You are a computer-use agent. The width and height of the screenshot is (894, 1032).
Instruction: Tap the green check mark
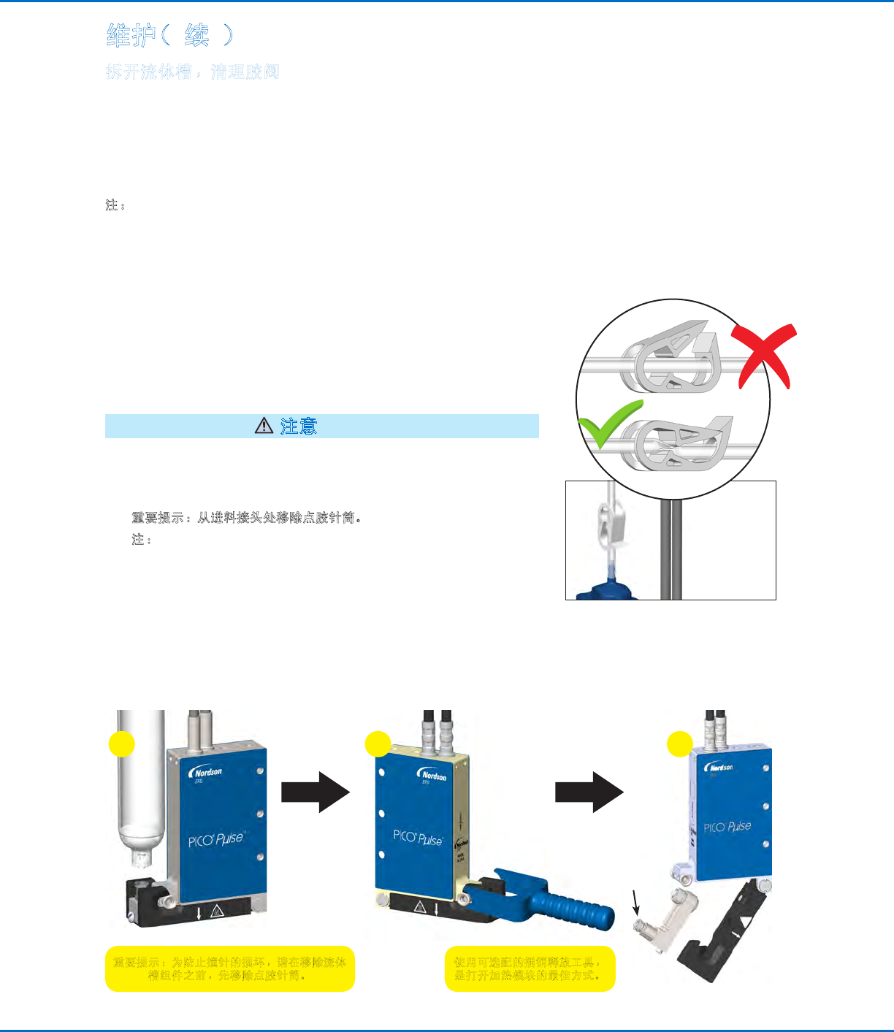pyautogui.click(x=608, y=424)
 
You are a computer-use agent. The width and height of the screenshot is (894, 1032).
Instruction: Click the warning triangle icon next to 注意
pyautogui.click(x=264, y=426)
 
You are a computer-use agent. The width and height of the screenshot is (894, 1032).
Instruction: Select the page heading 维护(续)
pyautogui.click(x=170, y=35)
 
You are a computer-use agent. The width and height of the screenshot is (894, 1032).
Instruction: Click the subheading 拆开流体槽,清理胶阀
pyautogui.click(x=193, y=72)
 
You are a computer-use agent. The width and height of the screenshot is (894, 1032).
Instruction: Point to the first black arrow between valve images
pyautogui.click(x=316, y=792)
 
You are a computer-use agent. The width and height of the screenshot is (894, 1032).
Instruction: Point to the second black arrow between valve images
pyautogui.click(x=589, y=792)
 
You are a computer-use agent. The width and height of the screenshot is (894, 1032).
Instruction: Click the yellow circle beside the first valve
pyautogui.click(x=122, y=744)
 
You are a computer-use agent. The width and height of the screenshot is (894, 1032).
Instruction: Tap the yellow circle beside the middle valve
pyautogui.click(x=378, y=744)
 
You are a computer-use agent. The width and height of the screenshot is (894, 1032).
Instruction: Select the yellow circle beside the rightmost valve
pyautogui.click(x=680, y=744)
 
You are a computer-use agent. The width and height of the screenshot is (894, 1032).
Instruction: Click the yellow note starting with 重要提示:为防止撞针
pyautogui.click(x=229, y=968)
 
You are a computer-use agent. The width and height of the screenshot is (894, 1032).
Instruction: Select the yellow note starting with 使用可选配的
pyautogui.click(x=530, y=968)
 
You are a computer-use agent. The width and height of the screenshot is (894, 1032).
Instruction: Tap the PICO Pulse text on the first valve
pyautogui.click(x=215, y=840)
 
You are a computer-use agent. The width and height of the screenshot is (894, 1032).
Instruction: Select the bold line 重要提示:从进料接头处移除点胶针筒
pyautogui.click(x=247, y=518)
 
